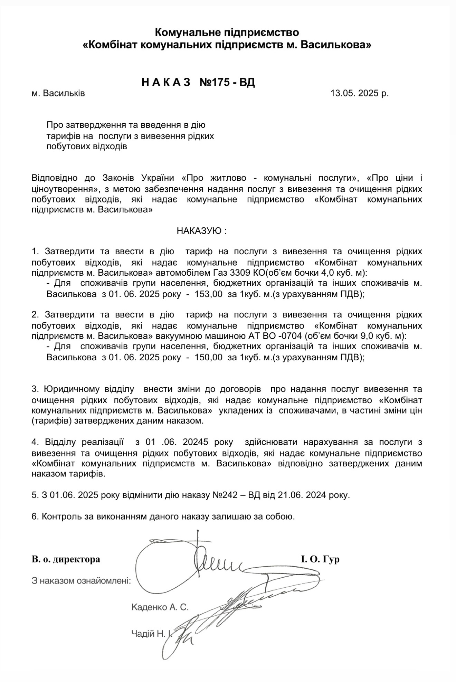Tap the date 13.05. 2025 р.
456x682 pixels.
(x=359, y=93)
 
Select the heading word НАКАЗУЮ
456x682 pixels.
(x=200, y=231)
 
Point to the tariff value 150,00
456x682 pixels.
(x=209, y=358)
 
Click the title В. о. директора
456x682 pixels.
(x=66, y=559)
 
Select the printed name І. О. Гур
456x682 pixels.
(x=320, y=559)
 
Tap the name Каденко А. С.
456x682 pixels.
(x=160, y=607)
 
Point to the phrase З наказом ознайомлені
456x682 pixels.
(x=81, y=580)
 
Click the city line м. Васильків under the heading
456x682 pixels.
(x=58, y=93)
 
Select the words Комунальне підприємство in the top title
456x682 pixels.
(x=227, y=32)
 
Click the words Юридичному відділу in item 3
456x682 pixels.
(x=89, y=389)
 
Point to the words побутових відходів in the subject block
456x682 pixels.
(x=87, y=146)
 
